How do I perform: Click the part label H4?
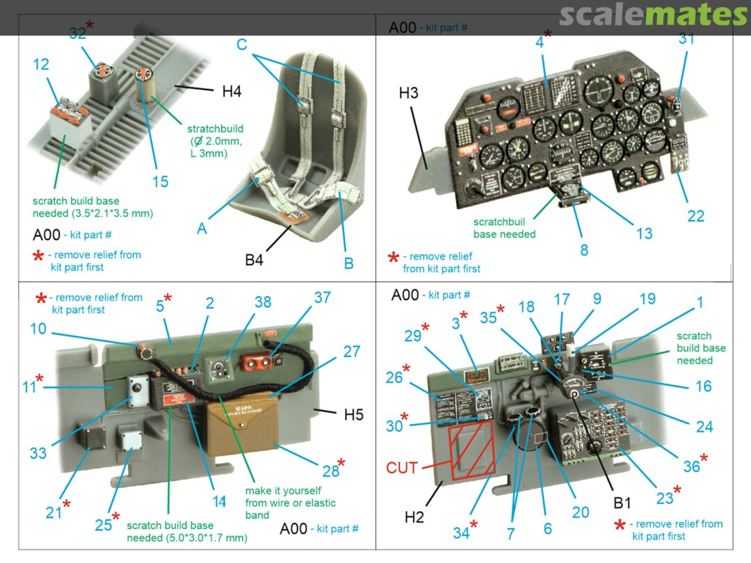(232, 91)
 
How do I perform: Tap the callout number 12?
(41, 65)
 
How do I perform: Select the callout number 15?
(160, 181)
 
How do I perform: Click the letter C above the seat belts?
(242, 44)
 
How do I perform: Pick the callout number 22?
(695, 216)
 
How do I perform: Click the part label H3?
(409, 93)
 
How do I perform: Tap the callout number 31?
(686, 40)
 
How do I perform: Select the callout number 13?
(644, 234)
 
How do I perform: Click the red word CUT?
(401, 468)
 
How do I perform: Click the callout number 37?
(322, 297)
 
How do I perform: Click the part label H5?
(353, 416)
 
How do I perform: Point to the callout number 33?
(38, 453)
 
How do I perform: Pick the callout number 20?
(581, 512)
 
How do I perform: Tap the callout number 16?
(703, 386)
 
